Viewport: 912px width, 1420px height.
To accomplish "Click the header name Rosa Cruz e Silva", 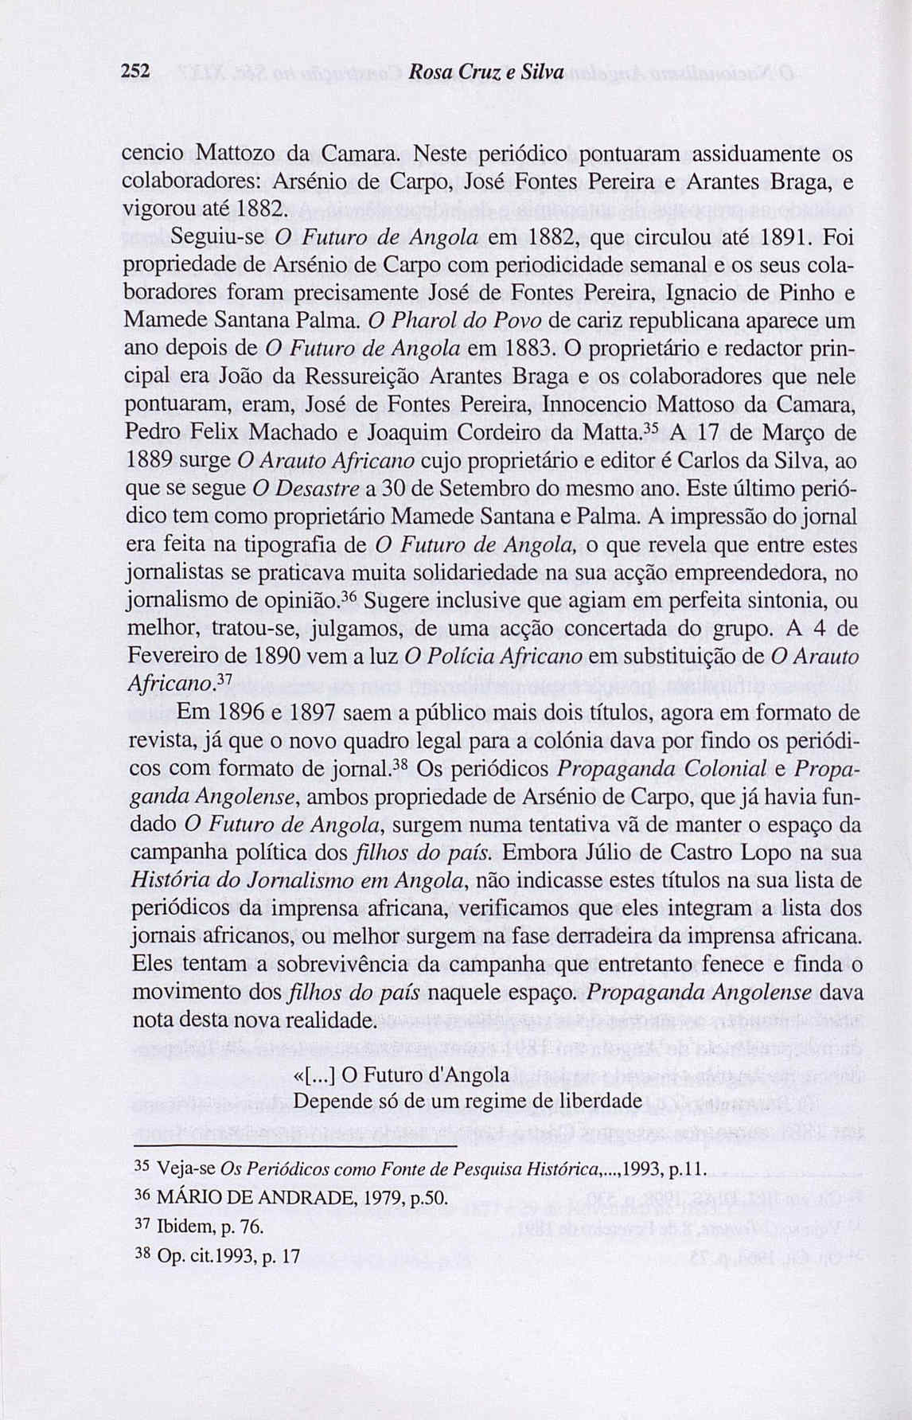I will tap(485, 72).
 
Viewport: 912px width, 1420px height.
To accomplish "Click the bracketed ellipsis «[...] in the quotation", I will tap(316, 1075).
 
